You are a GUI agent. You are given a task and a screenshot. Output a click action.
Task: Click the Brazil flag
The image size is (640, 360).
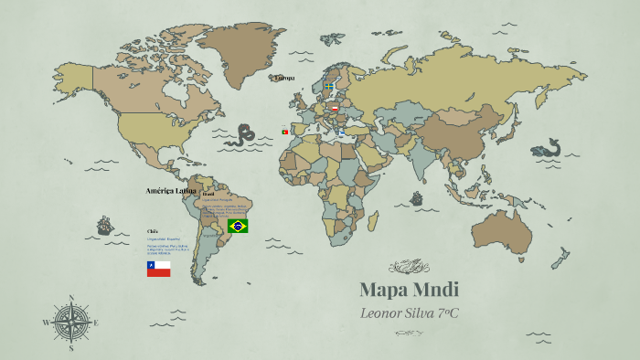(x=238, y=226)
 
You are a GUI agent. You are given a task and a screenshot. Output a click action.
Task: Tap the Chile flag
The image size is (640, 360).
(x=158, y=269)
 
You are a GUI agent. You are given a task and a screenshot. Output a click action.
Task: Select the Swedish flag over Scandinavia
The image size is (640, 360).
(x=328, y=86)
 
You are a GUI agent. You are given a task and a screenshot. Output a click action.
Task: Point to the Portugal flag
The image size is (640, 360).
(x=285, y=132)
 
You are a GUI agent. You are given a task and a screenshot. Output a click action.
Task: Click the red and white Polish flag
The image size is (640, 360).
(x=335, y=109)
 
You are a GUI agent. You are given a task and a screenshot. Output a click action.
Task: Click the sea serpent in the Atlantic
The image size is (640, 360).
(x=240, y=137)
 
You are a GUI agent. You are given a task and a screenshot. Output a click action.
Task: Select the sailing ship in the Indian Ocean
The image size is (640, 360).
(x=417, y=198)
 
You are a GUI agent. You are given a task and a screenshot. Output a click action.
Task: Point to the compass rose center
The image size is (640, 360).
(x=70, y=323)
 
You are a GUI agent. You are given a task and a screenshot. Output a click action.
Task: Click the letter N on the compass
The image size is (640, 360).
(x=70, y=297)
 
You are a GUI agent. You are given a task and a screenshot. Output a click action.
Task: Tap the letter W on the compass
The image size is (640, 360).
(x=45, y=323)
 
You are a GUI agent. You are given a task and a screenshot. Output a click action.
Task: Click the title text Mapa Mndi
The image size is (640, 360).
(x=409, y=291)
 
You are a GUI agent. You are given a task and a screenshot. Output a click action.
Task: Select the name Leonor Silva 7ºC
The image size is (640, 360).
(x=409, y=313)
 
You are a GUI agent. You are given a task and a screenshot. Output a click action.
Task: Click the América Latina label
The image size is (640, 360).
(x=172, y=191)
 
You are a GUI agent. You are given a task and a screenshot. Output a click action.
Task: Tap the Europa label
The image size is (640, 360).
(x=284, y=78)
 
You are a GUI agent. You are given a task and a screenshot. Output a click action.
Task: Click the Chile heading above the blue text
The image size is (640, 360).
(x=152, y=231)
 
